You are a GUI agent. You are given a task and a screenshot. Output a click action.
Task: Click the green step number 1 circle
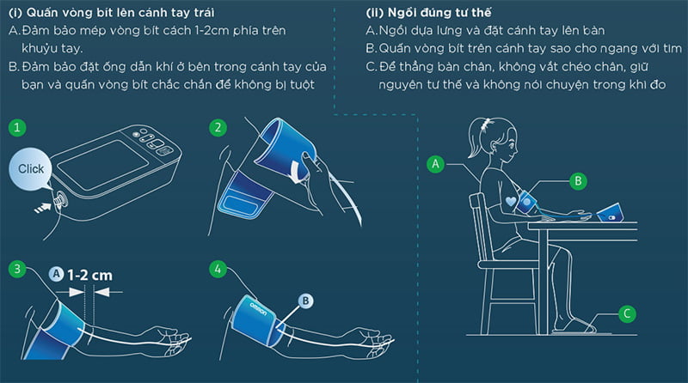17,127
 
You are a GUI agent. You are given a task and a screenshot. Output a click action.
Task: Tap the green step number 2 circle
218,127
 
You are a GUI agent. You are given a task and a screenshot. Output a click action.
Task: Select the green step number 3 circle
17,269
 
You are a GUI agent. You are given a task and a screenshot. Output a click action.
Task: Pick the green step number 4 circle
218,269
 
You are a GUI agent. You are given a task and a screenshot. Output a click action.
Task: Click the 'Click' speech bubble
30,169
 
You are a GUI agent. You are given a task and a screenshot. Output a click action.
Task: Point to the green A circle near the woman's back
435,164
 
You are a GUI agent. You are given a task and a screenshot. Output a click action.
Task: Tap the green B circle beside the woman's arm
578,180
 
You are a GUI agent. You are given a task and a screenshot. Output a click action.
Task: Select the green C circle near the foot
627,313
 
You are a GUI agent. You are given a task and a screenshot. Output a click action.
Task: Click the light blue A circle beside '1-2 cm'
56,274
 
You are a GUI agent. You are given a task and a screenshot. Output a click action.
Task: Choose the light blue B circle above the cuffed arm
305,301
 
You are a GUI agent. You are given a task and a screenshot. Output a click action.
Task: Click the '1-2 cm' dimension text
90,275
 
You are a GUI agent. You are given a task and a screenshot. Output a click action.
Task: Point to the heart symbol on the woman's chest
511,201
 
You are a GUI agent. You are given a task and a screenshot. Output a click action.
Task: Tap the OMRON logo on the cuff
258,308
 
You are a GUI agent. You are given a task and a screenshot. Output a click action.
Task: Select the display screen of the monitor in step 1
103,165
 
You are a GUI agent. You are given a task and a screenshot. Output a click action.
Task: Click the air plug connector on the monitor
58,200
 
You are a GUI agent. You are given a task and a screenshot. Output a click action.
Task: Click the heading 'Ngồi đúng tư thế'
439,12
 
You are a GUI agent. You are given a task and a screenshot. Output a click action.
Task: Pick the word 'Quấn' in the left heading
41,12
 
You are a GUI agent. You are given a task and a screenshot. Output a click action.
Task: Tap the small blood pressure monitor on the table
609,213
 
